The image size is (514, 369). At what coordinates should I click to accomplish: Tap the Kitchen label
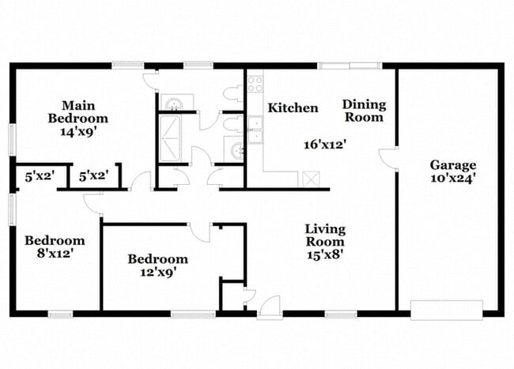point(293,108)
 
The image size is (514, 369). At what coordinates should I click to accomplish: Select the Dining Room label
point(363,111)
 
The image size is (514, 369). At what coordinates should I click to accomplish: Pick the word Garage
point(453,165)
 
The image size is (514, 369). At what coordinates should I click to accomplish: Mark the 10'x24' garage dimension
point(453,178)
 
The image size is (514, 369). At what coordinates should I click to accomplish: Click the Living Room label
point(326,235)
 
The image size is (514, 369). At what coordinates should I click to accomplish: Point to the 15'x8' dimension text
point(325,254)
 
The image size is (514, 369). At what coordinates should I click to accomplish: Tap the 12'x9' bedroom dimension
point(158,272)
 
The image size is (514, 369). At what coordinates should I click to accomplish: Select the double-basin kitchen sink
point(255,131)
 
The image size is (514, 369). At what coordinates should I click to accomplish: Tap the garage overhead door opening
point(445,308)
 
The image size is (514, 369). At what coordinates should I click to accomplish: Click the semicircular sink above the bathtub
point(172,102)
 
